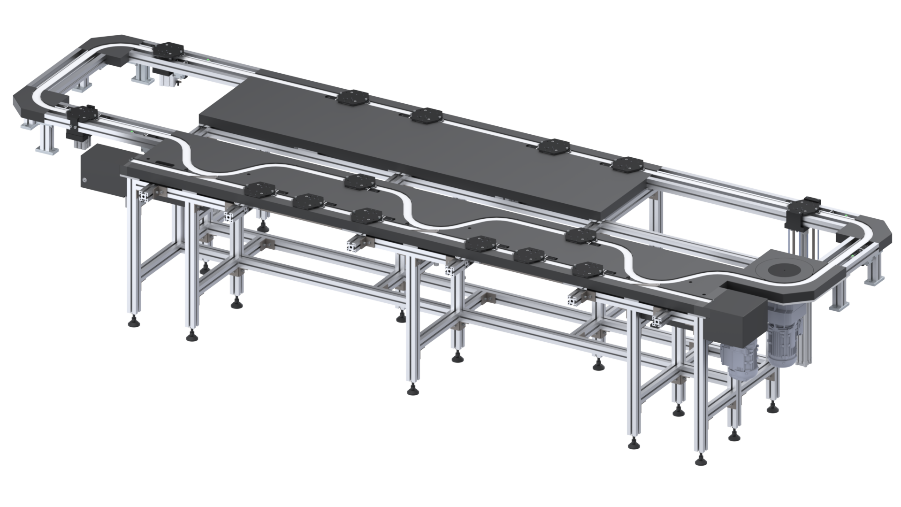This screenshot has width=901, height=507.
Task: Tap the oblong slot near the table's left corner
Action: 163,163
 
